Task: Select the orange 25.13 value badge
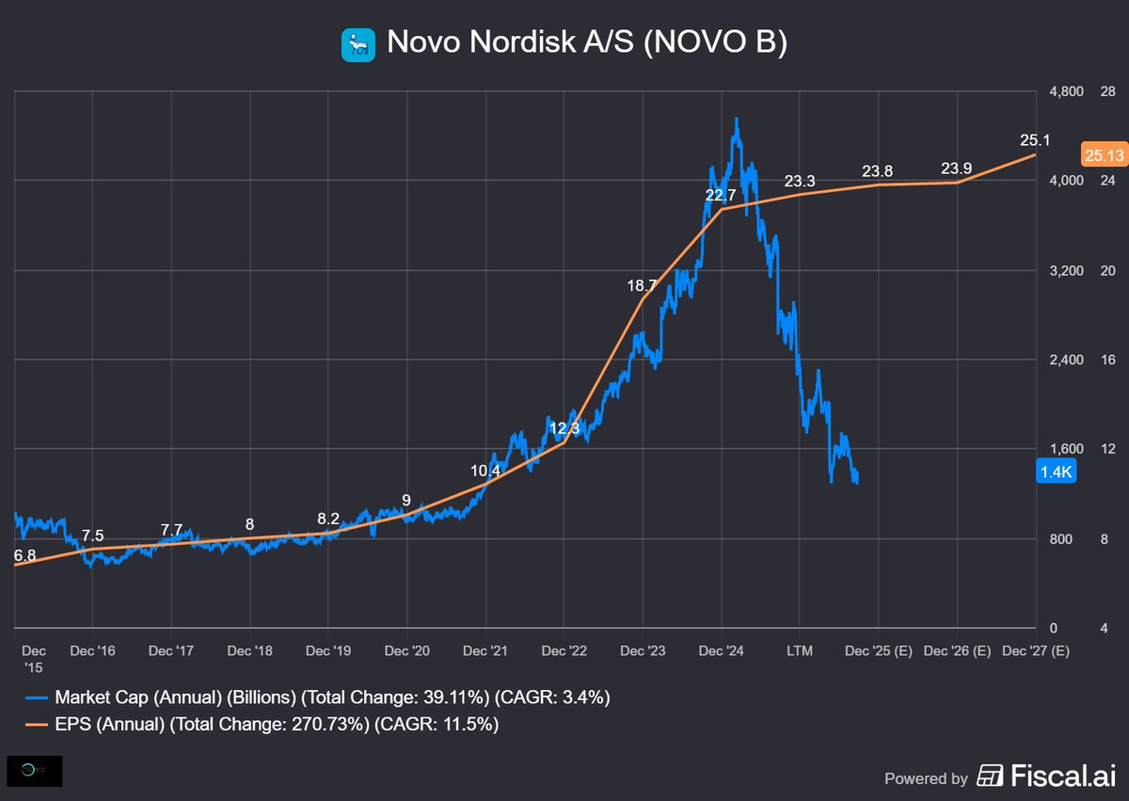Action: (x=1104, y=155)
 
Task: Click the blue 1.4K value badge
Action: (x=1055, y=473)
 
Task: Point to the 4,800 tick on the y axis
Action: (x=1066, y=91)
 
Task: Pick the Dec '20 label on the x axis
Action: (x=406, y=650)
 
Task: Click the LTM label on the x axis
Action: (x=800, y=650)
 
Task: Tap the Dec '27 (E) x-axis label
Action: (x=1035, y=650)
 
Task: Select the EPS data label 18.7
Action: (x=643, y=284)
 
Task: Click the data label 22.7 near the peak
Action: (x=721, y=195)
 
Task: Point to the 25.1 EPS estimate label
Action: (x=1035, y=140)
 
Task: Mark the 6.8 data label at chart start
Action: (x=24, y=555)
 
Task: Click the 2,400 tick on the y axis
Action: (x=1066, y=360)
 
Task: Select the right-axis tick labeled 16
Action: (x=1106, y=360)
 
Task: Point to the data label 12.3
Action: (x=564, y=428)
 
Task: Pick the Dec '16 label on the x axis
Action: (x=92, y=650)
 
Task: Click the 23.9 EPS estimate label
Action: (x=957, y=168)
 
